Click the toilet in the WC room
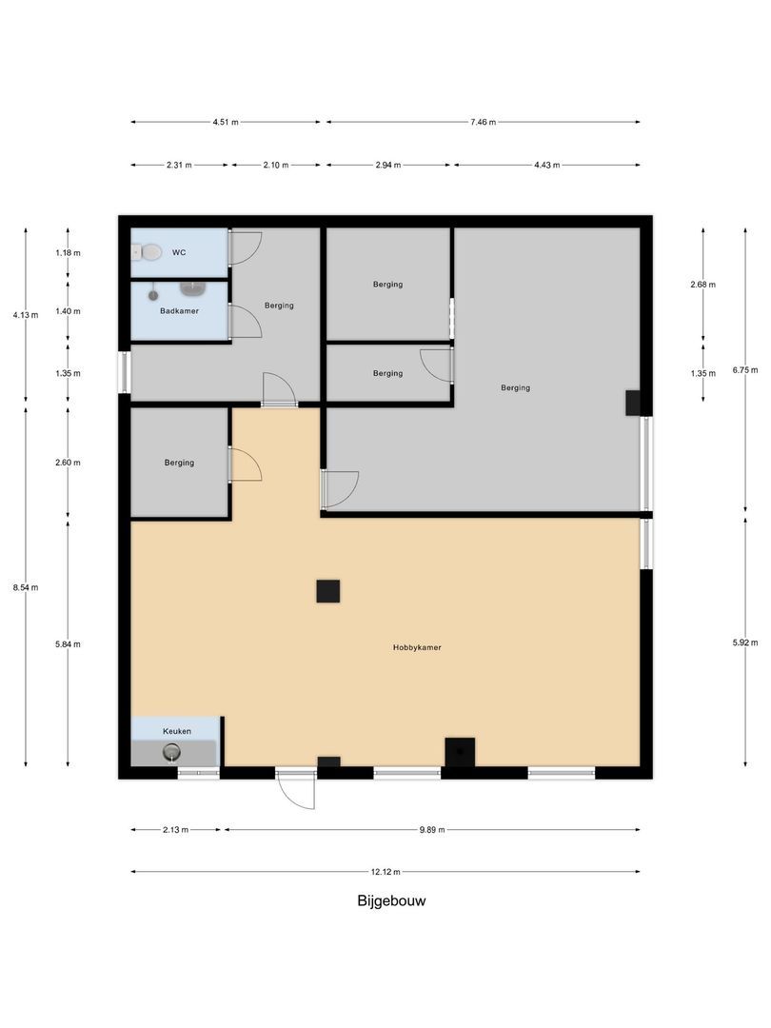(x=148, y=252)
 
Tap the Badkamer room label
(x=179, y=310)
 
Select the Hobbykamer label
(x=417, y=647)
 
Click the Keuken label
(x=176, y=731)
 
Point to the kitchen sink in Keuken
(x=171, y=753)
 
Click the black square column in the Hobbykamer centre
(x=327, y=591)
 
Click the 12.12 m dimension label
(x=385, y=871)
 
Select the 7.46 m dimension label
(x=482, y=122)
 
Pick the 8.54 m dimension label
(x=26, y=587)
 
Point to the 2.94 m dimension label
(x=387, y=165)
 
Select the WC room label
(x=179, y=253)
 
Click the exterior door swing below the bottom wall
(x=296, y=791)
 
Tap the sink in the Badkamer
(x=193, y=287)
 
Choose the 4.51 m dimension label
(x=226, y=122)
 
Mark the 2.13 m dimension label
(x=176, y=830)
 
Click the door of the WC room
(x=245, y=247)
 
